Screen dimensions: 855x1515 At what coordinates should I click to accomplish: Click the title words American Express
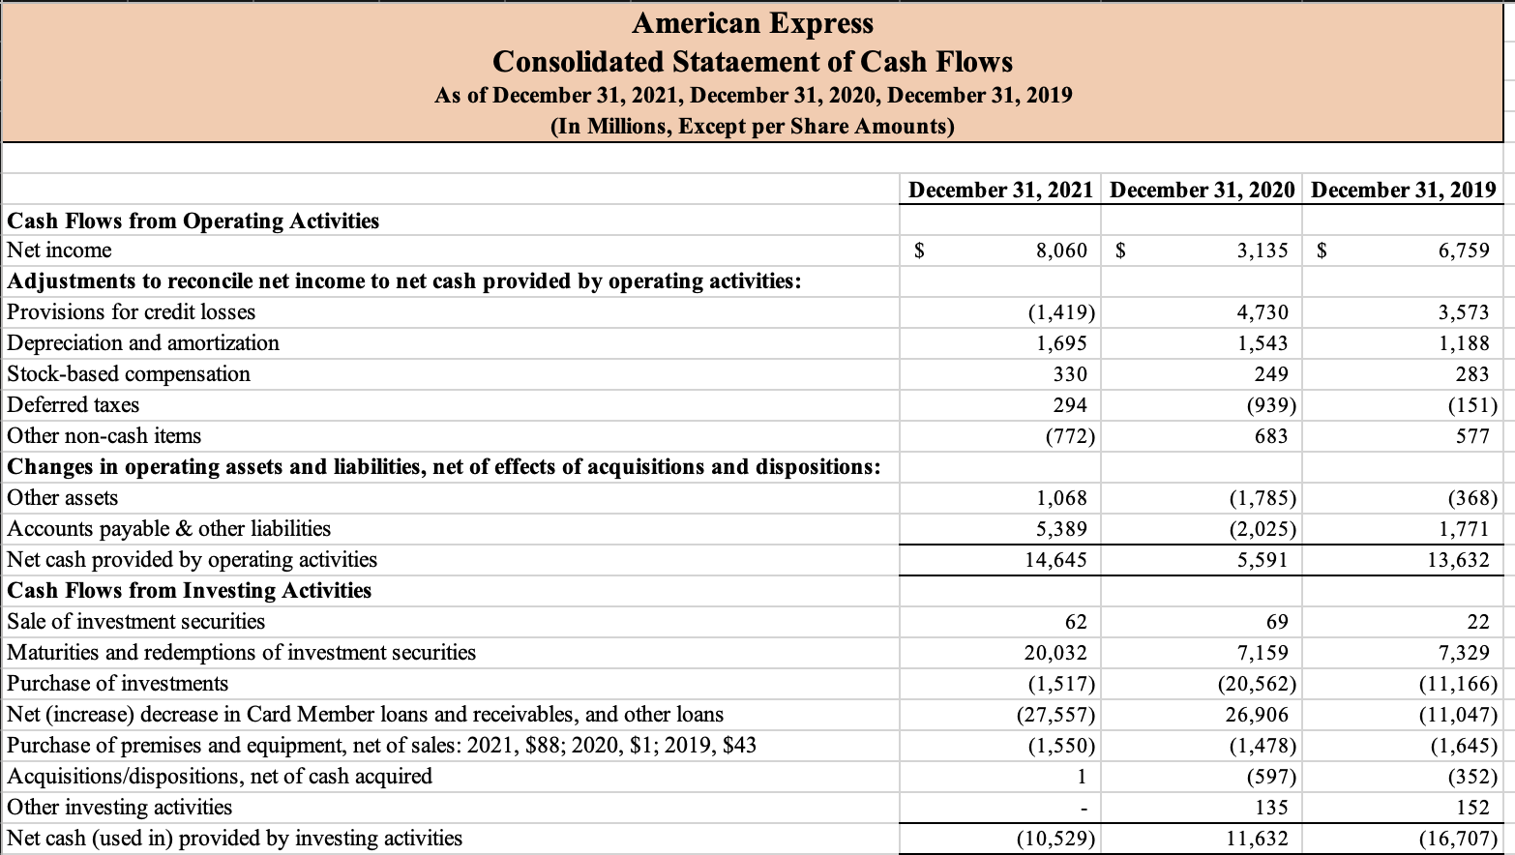click(x=753, y=23)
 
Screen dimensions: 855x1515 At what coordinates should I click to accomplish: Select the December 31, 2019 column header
click(x=1403, y=190)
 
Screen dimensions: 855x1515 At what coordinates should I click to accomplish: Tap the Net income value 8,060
click(x=1061, y=251)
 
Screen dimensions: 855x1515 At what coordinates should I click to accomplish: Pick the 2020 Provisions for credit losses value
click(x=1262, y=312)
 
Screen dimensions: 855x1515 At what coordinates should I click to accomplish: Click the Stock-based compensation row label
click(x=129, y=374)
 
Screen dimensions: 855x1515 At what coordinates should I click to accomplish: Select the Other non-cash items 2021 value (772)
click(x=1070, y=436)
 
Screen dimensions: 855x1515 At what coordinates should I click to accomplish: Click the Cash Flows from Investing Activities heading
click(x=190, y=591)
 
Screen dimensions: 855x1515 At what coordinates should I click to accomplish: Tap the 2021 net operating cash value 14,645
click(x=1055, y=560)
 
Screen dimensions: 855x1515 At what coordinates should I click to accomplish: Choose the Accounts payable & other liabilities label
click(x=169, y=529)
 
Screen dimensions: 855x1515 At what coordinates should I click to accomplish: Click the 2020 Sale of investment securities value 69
click(x=1277, y=622)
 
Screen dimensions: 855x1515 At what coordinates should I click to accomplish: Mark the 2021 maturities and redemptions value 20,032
click(x=1055, y=653)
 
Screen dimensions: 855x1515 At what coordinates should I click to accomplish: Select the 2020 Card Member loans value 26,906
click(x=1257, y=715)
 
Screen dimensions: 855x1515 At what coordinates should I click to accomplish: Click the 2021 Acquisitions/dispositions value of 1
click(x=1082, y=777)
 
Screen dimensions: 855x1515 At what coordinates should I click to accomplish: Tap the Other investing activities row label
click(x=120, y=808)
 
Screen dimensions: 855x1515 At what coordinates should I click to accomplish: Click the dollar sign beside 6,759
click(x=1322, y=251)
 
